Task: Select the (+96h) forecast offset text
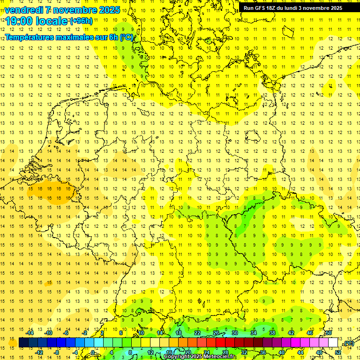(81, 21)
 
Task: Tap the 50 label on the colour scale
(329, 333)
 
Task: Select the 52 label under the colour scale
(338, 352)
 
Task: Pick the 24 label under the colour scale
(207, 352)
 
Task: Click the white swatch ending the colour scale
(333, 343)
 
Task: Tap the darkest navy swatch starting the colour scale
(23, 343)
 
